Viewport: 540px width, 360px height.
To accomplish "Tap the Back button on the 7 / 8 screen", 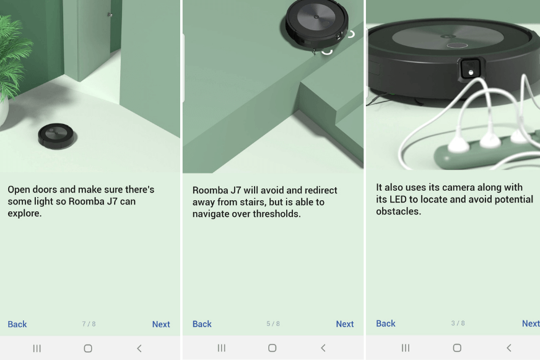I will pyautogui.click(x=17, y=324).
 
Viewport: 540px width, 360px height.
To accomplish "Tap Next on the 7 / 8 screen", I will pyautogui.click(x=161, y=324).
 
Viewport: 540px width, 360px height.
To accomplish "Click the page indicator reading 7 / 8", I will pyautogui.click(x=89, y=324).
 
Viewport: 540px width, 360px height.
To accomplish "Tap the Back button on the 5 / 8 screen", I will pyautogui.click(x=202, y=324).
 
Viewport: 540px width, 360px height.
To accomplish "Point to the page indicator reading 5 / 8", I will pyautogui.click(x=273, y=324).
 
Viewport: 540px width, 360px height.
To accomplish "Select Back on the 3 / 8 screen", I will pyautogui.click(x=386, y=323).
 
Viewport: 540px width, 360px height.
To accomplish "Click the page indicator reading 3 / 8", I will pyautogui.click(x=458, y=323).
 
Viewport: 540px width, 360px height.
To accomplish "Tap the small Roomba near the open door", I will pyautogui.click(x=56, y=135).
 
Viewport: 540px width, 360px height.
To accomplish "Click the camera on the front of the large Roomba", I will pyautogui.click(x=471, y=69).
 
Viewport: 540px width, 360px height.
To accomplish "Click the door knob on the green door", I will pyautogui.click(x=110, y=14).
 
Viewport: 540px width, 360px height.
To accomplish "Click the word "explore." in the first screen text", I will pyautogui.click(x=25, y=214).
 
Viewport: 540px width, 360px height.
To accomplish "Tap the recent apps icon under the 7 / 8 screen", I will pyautogui.click(x=37, y=348).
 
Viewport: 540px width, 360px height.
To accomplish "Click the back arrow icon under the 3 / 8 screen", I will pyautogui.click(x=508, y=348).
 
